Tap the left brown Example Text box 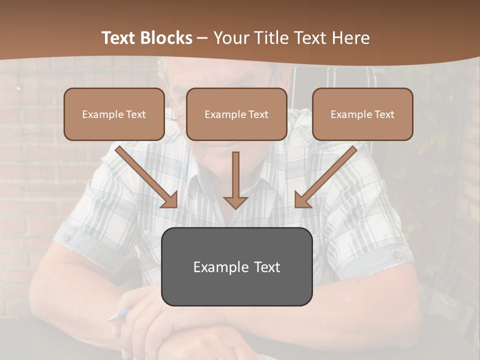114,114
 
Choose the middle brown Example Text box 236,114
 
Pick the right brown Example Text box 362,114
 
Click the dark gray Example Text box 236,266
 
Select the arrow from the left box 145,176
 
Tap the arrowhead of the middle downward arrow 235,202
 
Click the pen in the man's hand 119,315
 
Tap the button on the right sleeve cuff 397,254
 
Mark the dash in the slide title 202,38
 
